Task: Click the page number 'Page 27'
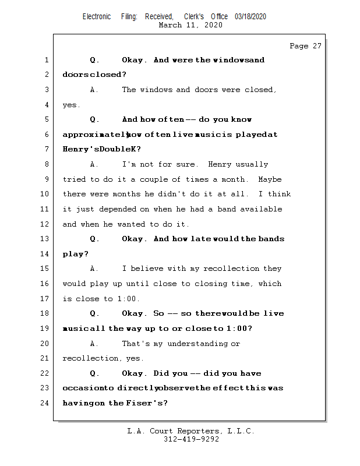point(305,46)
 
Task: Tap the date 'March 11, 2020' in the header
point(190,25)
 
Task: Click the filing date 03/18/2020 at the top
point(250,16)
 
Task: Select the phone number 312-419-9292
point(190,439)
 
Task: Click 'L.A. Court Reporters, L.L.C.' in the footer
point(190,431)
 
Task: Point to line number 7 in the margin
point(45,149)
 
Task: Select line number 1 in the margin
point(45,60)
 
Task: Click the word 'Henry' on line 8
point(220,164)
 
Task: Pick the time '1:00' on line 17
point(129,299)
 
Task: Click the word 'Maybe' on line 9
point(270,179)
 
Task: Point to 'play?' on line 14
point(76,254)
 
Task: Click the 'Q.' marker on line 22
point(94,373)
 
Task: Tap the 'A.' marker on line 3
point(94,90)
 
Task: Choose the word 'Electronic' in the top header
point(97,16)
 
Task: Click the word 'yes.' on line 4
point(71,105)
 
